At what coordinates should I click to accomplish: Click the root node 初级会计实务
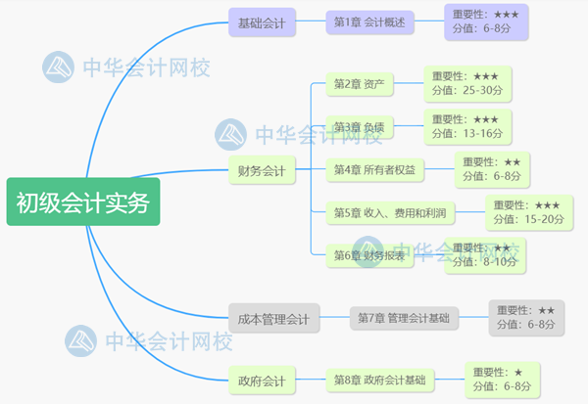tap(82, 202)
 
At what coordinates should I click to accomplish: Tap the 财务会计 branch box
tap(262, 170)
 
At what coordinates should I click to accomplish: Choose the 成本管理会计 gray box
tap(274, 318)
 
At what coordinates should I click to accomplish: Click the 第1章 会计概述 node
tap(371, 22)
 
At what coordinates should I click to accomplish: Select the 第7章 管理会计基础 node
tap(405, 318)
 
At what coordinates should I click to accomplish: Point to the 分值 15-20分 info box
tap(530, 212)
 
